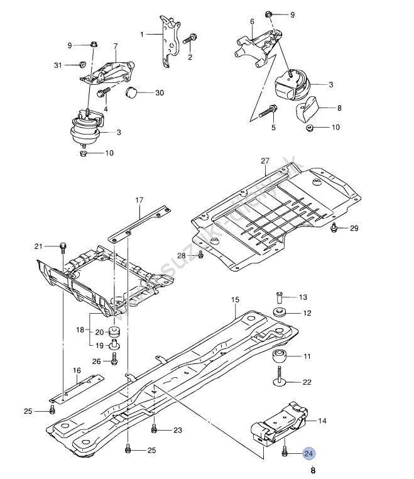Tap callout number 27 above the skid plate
tap(264, 161)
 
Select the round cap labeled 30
tap(133, 93)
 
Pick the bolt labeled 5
tap(271, 111)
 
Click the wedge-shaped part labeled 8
tap(307, 109)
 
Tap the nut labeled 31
tap(82, 64)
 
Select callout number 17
tap(139, 201)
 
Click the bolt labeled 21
tap(63, 246)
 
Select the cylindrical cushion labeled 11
tap(280, 358)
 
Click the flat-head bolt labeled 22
tap(279, 380)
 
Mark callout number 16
tap(77, 370)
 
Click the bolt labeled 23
tap(154, 430)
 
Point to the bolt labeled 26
tap(115, 360)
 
